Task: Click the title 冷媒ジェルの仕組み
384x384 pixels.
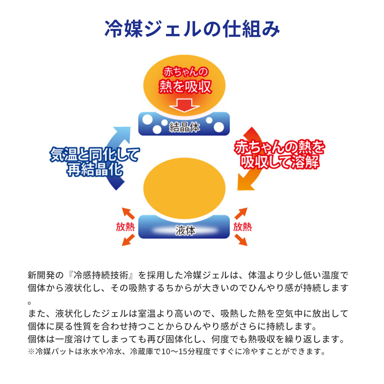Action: (x=192, y=29)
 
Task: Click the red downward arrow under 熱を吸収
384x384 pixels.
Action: (x=184, y=105)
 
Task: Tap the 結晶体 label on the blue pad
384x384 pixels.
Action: (x=184, y=127)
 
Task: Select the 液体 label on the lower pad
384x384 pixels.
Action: (x=185, y=230)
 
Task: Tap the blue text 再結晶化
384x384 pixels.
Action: (x=94, y=169)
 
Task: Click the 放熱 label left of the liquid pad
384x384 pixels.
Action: (x=125, y=227)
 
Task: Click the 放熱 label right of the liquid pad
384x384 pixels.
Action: (x=242, y=227)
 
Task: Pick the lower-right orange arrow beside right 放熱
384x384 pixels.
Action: (x=241, y=240)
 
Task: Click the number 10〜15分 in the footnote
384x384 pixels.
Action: (x=179, y=352)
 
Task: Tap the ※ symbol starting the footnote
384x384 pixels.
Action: (x=31, y=352)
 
